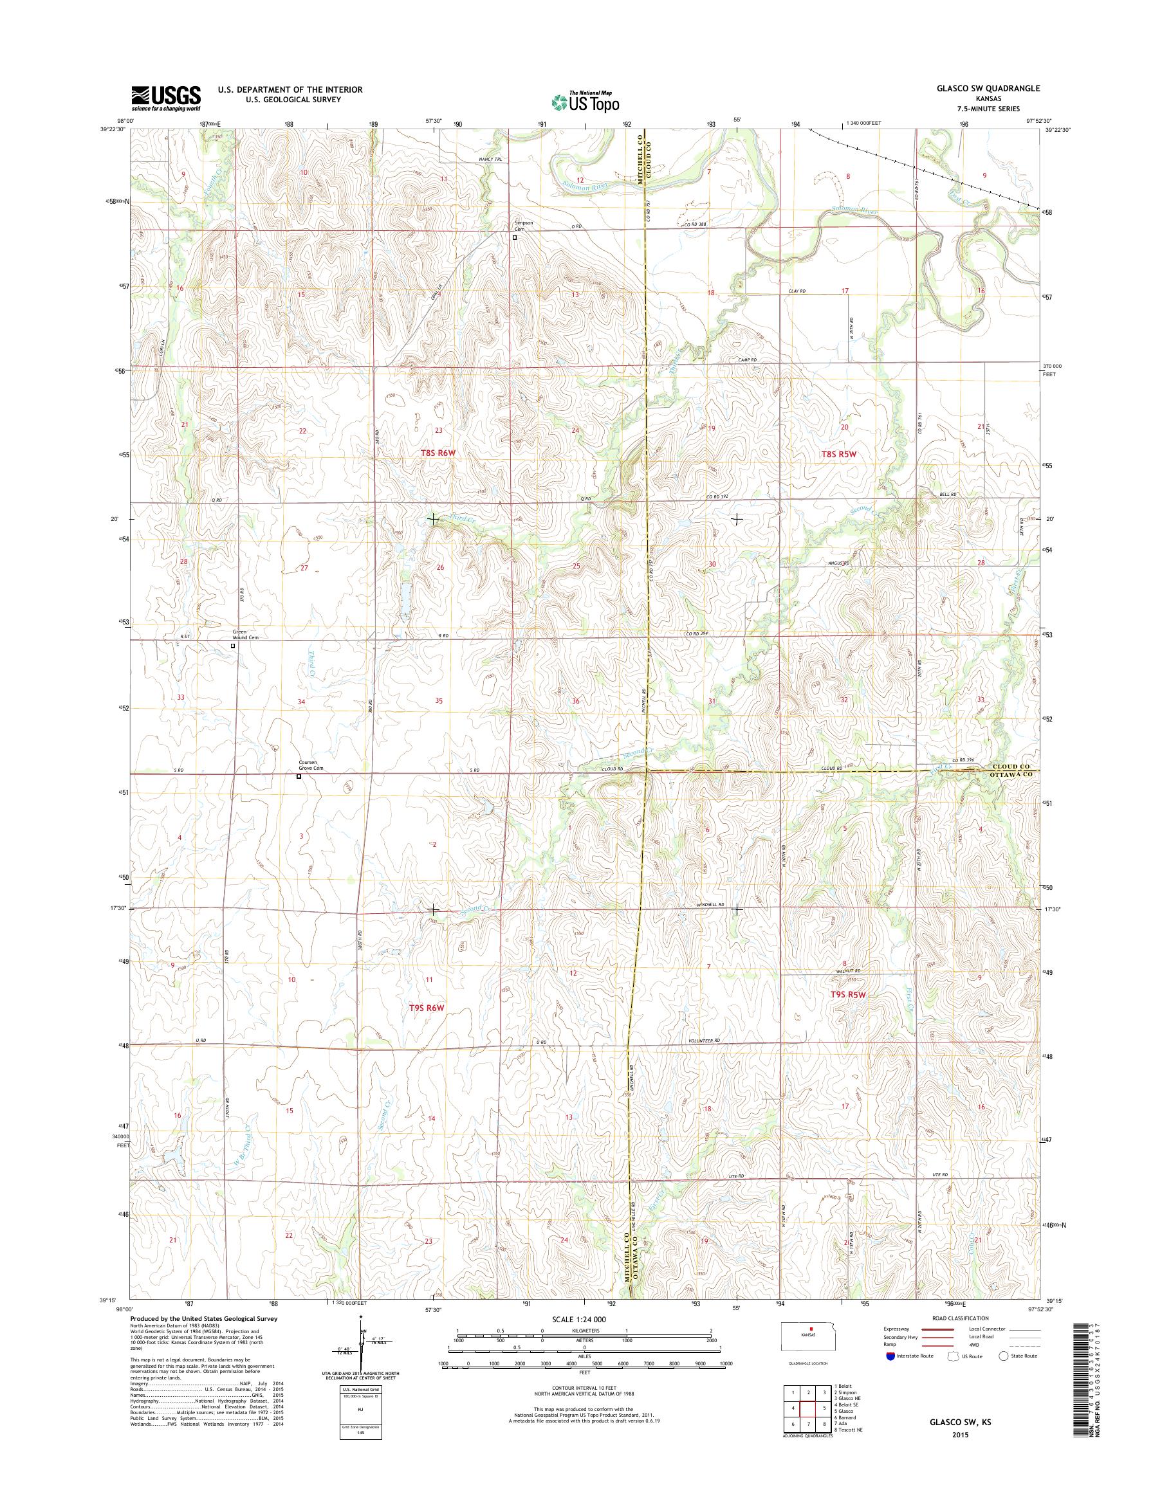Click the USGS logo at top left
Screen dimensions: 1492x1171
click(166, 98)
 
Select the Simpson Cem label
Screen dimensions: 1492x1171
click(524, 226)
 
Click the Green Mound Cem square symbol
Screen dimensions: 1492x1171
click(233, 646)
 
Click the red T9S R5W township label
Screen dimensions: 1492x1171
click(849, 994)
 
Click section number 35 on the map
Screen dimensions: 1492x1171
click(439, 700)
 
